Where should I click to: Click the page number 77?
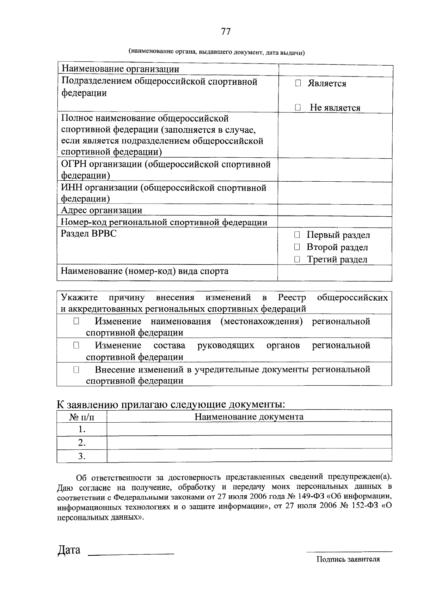(x=226, y=32)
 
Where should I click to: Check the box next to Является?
(x=298, y=84)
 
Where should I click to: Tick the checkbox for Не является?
(x=298, y=108)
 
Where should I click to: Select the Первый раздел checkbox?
(x=297, y=235)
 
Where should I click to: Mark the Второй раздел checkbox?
(x=297, y=247)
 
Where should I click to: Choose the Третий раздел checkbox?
(x=297, y=260)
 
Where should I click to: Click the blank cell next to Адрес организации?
(x=335, y=211)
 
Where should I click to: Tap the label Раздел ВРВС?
(x=88, y=234)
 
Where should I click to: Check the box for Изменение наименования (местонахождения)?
(x=76, y=321)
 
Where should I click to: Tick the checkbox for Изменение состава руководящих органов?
(x=76, y=345)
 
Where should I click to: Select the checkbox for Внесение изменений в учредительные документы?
(x=76, y=370)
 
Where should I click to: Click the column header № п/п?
(x=82, y=417)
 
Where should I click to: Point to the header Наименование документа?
(x=249, y=417)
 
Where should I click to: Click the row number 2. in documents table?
(x=82, y=443)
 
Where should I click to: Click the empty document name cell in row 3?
(x=249, y=455)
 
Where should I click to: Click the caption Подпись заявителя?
(x=348, y=559)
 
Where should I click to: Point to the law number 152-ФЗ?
(x=363, y=505)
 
